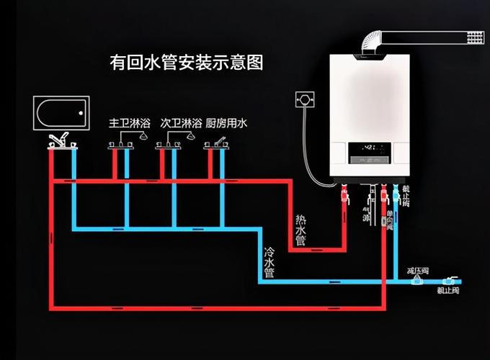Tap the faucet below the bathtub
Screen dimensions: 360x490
point(60,139)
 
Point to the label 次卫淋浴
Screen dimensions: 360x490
point(180,124)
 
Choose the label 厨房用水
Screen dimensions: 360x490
point(226,124)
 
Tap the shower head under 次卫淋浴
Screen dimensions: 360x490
point(190,135)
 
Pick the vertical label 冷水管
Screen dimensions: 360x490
point(269,263)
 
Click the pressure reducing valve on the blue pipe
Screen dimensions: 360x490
point(416,281)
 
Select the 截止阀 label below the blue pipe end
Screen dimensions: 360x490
point(448,291)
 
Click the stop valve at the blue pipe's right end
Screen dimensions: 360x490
point(450,280)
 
